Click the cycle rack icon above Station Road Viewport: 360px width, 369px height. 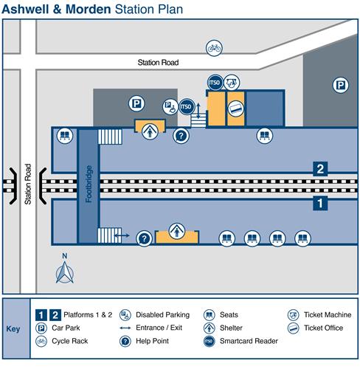click(214, 48)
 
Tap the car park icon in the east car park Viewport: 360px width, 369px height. click(341, 86)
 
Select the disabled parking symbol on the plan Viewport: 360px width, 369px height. click(170, 106)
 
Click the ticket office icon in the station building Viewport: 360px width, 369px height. click(236, 108)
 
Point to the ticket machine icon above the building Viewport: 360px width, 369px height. click(232, 83)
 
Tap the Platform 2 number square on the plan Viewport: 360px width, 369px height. click(320, 169)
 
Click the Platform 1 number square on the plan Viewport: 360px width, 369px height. click(320, 204)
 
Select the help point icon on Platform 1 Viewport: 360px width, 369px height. click(144, 238)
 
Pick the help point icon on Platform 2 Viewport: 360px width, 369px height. click(181, 136)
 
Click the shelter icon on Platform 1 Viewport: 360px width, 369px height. click(177, 231)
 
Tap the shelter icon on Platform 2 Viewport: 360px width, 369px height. click(150, 131)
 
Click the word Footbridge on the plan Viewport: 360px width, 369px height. click(89, 184)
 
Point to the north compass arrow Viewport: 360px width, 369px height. click(65, 272)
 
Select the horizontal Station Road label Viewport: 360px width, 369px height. click(158, 63)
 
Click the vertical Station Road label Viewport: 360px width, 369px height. click(28, 184)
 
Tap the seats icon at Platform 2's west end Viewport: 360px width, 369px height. click(65, 136)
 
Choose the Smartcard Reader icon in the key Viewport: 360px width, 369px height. click(209, 341)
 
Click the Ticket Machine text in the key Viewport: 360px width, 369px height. click(328, 314)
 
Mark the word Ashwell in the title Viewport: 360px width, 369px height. click(26, 10)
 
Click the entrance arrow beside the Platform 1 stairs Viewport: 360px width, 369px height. click(122, 235)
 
